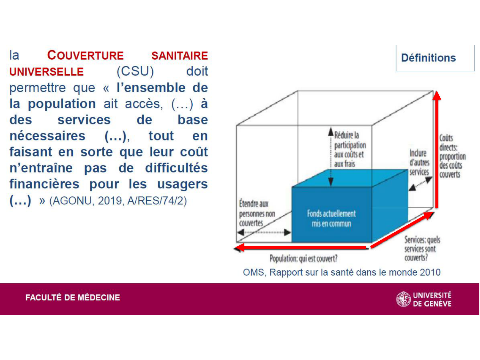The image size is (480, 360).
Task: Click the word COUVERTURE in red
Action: [85, 55]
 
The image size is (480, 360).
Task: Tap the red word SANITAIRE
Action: [180, 56]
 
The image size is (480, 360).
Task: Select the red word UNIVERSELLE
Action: [46, 72]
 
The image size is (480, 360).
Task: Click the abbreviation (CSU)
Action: [135, 71]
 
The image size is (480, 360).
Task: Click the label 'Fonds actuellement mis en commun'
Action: [331, 218]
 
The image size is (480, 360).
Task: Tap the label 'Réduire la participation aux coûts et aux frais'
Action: [349, 149]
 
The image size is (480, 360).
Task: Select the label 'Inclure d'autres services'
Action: [419, 163]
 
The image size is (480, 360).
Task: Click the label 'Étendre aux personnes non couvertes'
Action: [257, 213]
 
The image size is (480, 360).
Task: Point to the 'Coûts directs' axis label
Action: [452, 156]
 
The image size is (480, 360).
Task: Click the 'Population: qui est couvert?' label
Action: [303, 258]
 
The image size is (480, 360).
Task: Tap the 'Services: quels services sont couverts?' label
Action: [422, 249]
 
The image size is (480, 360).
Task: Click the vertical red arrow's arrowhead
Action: [437, 96]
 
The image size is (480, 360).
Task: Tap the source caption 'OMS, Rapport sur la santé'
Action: [341, 272]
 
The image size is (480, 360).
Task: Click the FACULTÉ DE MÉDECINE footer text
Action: [73, 298]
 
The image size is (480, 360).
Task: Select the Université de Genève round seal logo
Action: [403, 299]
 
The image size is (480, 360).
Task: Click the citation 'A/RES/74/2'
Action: [157, 201]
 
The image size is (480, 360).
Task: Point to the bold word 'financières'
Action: [44, 184]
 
